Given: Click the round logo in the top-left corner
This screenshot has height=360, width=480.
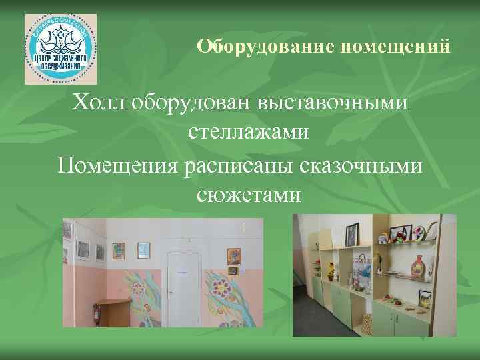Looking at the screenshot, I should pos(61,49).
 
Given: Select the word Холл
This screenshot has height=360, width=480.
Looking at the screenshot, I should pos(99,103).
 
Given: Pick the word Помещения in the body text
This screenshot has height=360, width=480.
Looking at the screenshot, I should pos(116,164).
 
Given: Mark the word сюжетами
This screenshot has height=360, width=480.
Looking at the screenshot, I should pos(249,195).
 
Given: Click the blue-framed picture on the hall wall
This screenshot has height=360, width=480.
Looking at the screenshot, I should pos(143,249).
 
